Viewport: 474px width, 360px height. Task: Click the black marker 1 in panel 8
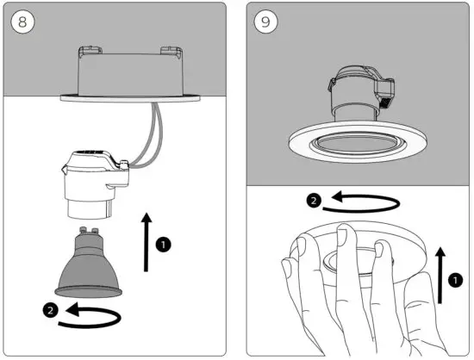pos(163,245)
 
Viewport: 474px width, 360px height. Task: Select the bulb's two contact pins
pos(86,231)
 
